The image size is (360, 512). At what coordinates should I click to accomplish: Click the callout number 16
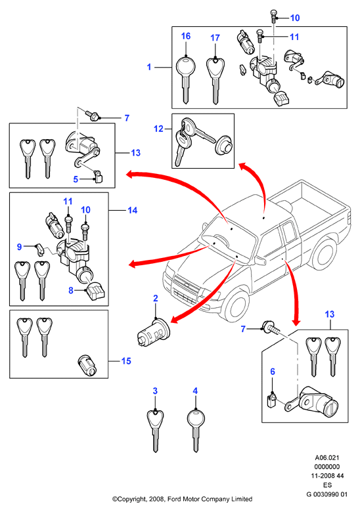186,36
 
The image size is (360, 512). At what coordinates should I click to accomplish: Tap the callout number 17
215,38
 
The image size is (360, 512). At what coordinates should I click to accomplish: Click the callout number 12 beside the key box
158,129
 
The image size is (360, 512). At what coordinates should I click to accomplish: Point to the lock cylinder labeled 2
153,332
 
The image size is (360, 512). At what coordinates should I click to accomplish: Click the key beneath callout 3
155,431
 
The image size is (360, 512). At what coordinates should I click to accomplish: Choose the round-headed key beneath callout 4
196,431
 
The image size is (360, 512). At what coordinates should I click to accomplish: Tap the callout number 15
126,361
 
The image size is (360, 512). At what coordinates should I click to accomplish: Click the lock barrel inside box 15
88,365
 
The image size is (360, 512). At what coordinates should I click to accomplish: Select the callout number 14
132,210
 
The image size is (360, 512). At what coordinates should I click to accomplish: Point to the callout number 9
19,247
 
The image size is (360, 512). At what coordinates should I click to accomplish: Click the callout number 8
71,290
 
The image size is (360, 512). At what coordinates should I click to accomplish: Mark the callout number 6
273,372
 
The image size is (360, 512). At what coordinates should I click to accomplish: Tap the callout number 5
76,179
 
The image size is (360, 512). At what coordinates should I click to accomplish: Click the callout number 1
149,67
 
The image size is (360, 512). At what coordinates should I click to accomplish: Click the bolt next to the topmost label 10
273,16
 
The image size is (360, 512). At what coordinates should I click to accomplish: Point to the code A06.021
327,458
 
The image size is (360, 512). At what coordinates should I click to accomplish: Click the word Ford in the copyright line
175,499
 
